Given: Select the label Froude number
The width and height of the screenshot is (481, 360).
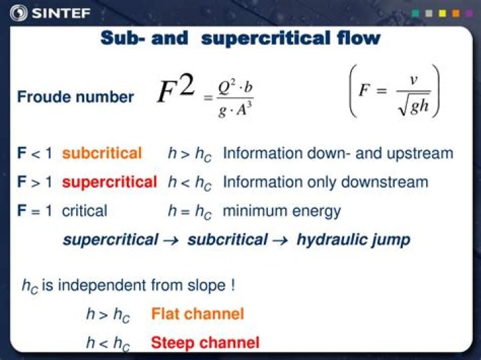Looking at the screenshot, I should point(75,97).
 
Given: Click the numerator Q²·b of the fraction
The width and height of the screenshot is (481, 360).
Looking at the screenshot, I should point(235,87).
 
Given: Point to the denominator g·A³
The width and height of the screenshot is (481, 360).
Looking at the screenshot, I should point(235,109).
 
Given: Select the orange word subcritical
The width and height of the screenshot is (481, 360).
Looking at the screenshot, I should point(102,154).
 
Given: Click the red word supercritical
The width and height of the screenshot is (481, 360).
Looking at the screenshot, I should point(110,182).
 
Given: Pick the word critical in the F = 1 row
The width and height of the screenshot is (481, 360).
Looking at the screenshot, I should point(85,211).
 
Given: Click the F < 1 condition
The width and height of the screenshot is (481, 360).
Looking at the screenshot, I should point(35,154).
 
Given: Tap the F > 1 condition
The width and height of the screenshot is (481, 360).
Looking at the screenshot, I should point(35,182).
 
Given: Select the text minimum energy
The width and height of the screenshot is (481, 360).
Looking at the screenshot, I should point(281,211).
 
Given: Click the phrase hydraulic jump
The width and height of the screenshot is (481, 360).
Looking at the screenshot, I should point(353,240).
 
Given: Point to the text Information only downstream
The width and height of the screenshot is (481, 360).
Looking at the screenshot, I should point(325,182).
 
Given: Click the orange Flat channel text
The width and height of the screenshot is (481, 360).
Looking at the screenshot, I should point(198,313).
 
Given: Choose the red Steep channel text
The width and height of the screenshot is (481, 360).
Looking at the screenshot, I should point(205,343).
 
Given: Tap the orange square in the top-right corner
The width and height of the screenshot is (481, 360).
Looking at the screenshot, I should point(456,13).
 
